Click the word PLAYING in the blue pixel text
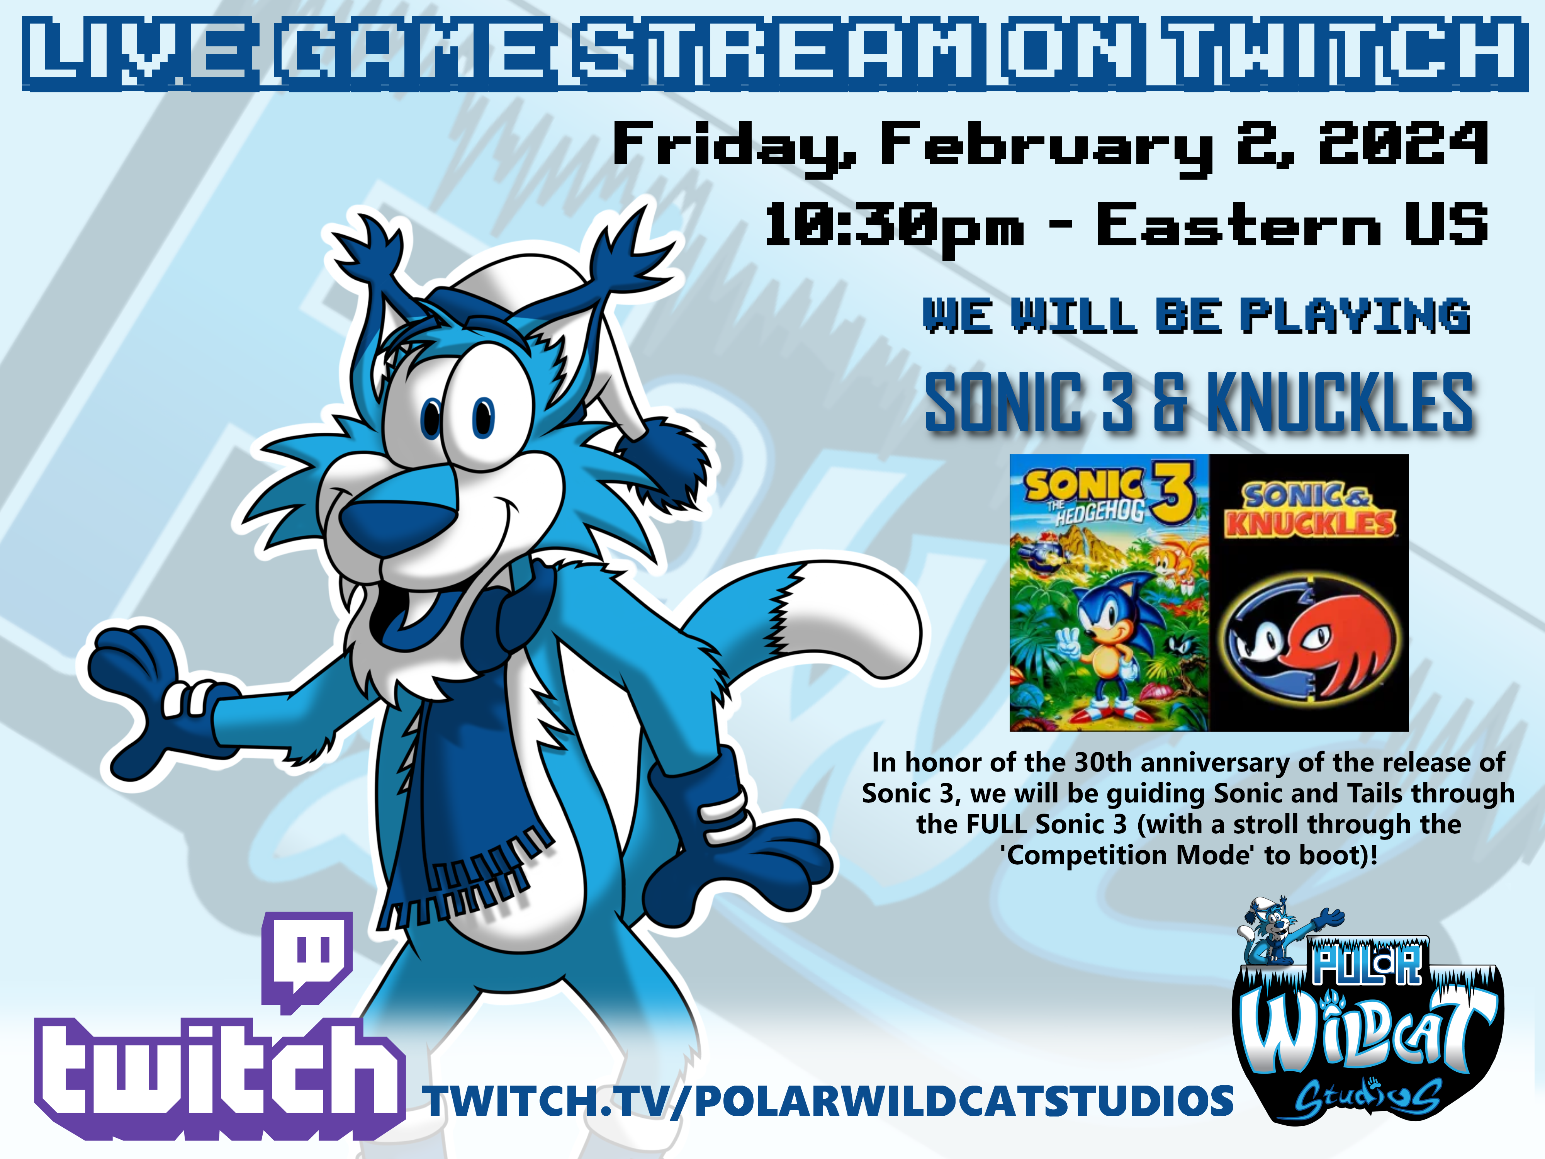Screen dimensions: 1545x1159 click(1355, 315)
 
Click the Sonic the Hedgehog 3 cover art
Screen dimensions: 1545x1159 click(1109, 592)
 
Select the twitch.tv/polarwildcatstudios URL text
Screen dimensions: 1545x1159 click(830, 1102)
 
